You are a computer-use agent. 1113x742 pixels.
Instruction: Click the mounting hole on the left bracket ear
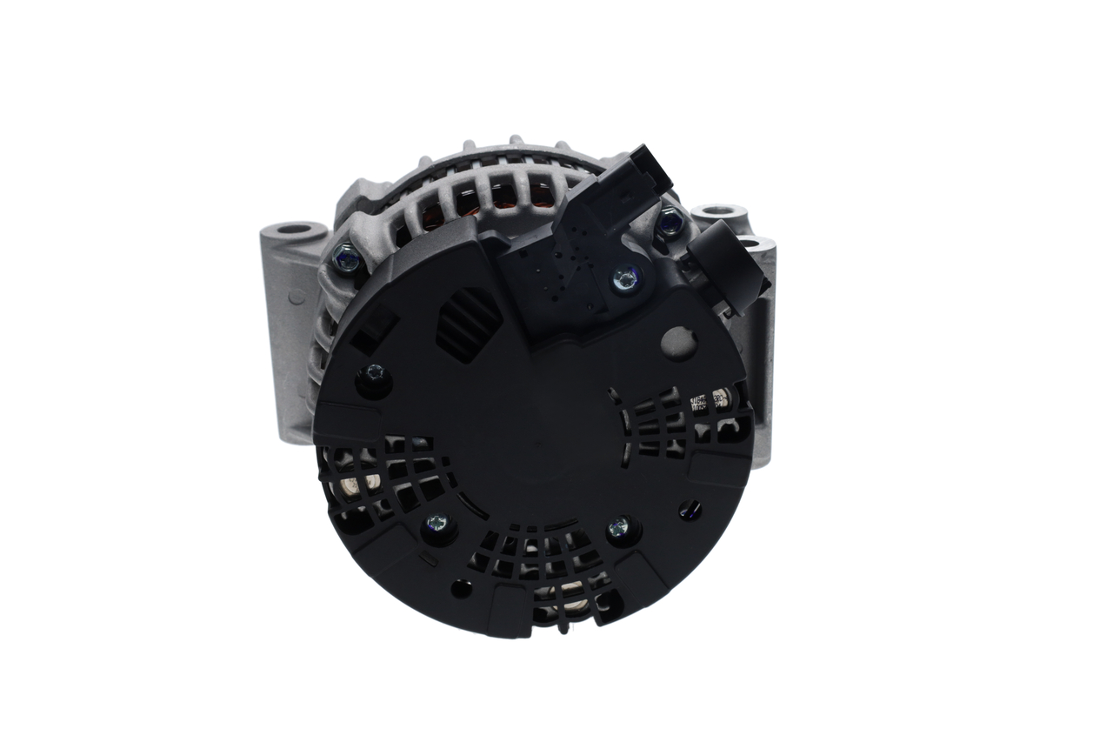(295, 230)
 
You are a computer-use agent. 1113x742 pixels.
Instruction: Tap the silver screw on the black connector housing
(624, 278)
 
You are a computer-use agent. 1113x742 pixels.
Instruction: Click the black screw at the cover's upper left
(375, 375)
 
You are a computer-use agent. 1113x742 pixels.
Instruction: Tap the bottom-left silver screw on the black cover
(436, 524)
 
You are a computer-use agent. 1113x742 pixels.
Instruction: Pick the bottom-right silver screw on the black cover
(619, 526)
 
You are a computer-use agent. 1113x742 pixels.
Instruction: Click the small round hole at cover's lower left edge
(462, 588)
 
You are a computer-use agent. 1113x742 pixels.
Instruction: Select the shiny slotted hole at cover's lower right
(690, 509)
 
